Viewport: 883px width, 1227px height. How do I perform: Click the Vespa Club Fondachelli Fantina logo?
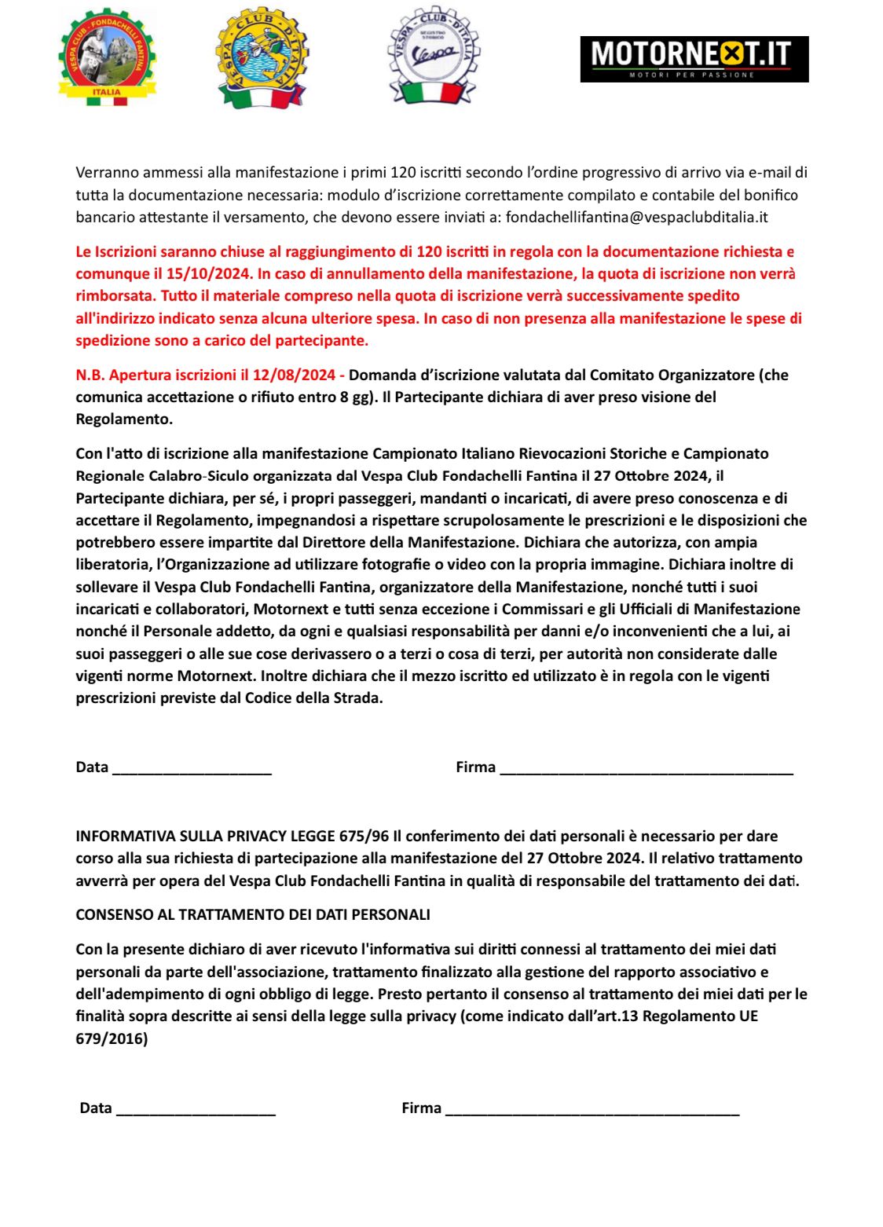pyautogui.click(x=108, y=57)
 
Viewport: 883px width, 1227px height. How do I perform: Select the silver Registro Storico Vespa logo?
pyautogui.click(x=433, y=57)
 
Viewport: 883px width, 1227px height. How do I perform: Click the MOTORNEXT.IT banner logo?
pyautogui.click(x=694, y=59)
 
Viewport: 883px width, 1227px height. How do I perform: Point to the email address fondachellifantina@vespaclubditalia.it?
pyautogui.click(x=637, y=217)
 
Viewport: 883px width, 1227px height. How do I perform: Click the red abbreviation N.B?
pyautogui.click(x=90, y=375)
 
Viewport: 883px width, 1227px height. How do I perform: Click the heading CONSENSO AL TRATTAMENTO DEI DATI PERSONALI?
pyautogui.click(x=253, y=914)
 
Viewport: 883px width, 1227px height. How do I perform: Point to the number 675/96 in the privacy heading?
pyautogui.click(x=364, y=836)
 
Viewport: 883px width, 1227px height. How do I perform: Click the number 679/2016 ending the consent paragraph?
pyautogui.click(x=109, y=1038)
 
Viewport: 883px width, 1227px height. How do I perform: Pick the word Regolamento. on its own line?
pyautogui.click(x=124, y=419)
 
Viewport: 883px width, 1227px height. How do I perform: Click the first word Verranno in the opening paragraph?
pyautogui.click(x=105, y=172)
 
